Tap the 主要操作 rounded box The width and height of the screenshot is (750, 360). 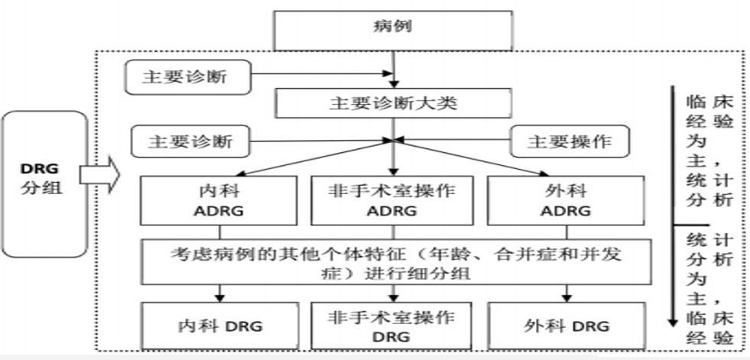coord(570,141)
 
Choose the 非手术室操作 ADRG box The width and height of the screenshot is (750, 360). coord(394,199)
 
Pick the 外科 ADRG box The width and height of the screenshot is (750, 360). coord(566,199)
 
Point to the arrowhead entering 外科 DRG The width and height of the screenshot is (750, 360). coord(567,297)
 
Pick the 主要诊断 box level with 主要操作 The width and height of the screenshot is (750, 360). coord(191,141)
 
